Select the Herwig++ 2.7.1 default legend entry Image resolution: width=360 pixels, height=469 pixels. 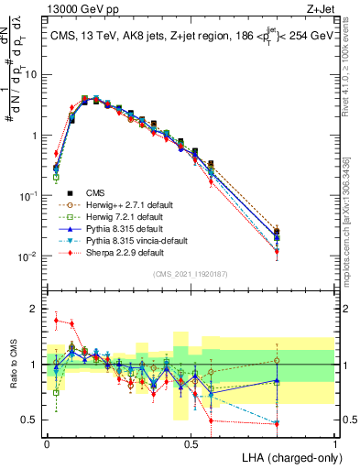(114, 204)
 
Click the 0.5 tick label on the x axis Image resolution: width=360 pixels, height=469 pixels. (191, 442)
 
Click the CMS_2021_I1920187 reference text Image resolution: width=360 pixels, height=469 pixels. (190, 274)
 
